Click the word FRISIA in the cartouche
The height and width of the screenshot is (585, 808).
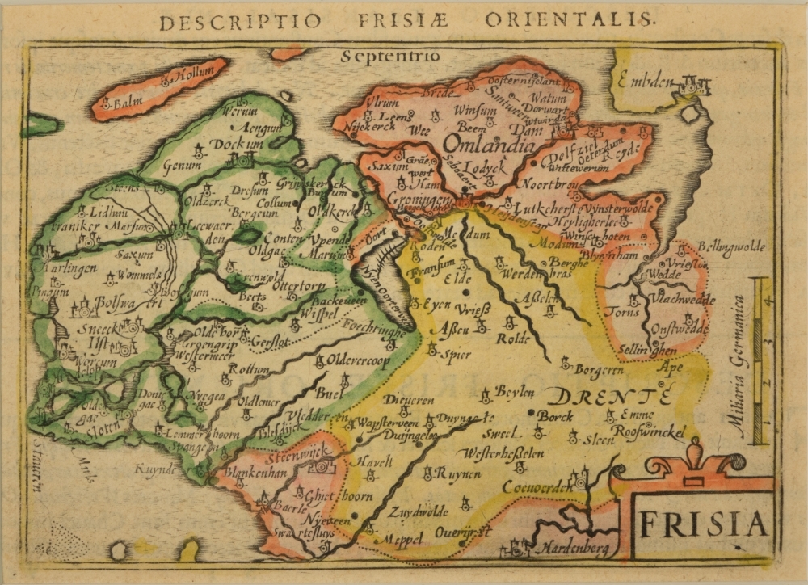coord(701,525)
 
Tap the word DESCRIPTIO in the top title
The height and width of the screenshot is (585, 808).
coord(228,22)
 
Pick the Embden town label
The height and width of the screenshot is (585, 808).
coord(646,82)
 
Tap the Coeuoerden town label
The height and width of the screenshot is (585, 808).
coord(537,486)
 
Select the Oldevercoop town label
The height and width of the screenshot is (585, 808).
coord(359,360)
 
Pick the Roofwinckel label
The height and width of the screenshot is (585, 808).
coord(649,431)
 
